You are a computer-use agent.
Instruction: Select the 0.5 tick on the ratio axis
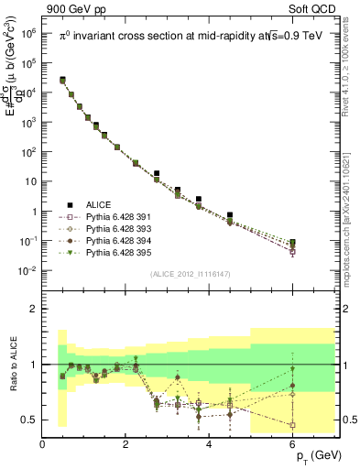(x=30, y=420)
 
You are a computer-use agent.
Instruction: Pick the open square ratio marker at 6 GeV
(x=293, y=425)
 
